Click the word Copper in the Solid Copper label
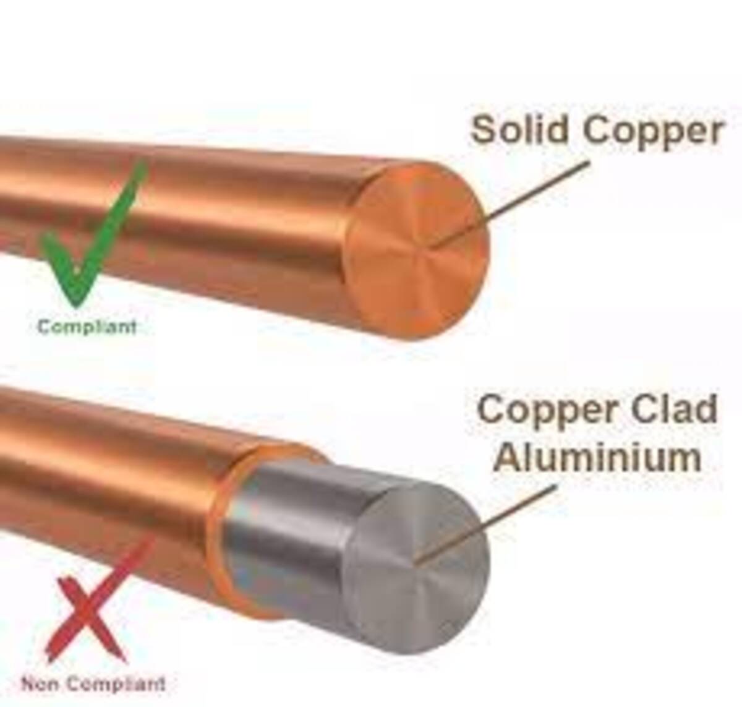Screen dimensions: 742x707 (x=652, y=132)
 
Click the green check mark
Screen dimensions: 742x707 (x=93, y=235)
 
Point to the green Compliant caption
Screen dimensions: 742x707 (x=87, y=327)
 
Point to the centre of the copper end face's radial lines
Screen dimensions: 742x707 (x=431, y=247)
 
